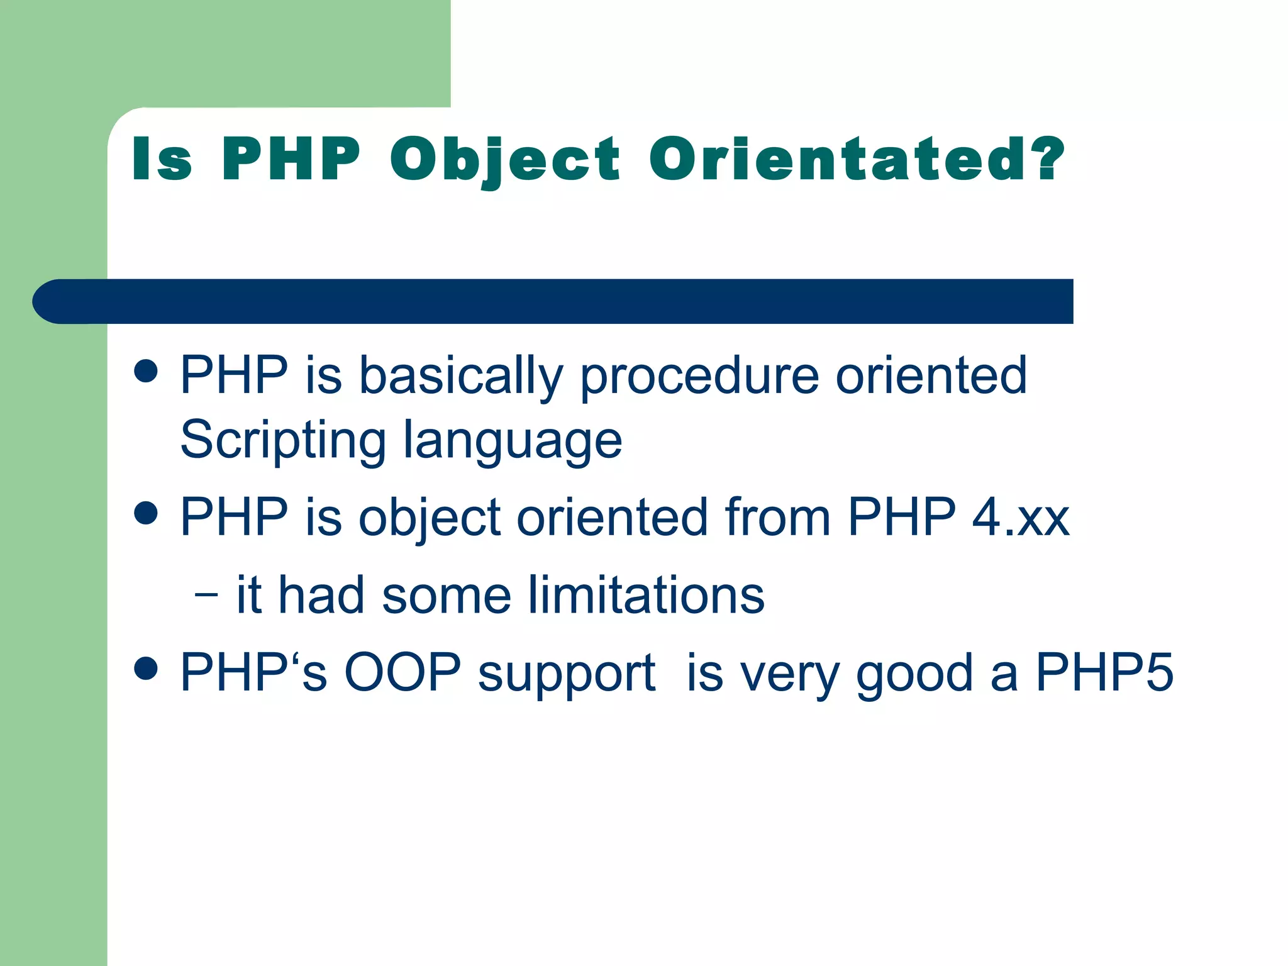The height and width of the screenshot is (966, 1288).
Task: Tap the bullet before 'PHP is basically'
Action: [x=146, y=371]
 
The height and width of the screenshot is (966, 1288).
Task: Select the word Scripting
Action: [x=283, y=440]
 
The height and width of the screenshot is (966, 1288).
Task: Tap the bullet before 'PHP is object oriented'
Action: [x=146, y=513]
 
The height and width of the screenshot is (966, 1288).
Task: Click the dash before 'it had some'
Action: [x=206, y=594]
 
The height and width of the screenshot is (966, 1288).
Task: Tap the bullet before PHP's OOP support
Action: [x=146, y=669]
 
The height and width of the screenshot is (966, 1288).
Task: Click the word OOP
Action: [x=402, y=673]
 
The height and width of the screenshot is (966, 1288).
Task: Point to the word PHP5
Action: [x=1104, y=673]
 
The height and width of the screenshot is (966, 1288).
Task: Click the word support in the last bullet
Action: [x=567, y=674]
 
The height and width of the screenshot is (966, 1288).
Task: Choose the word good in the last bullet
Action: [x=914, y=674]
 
